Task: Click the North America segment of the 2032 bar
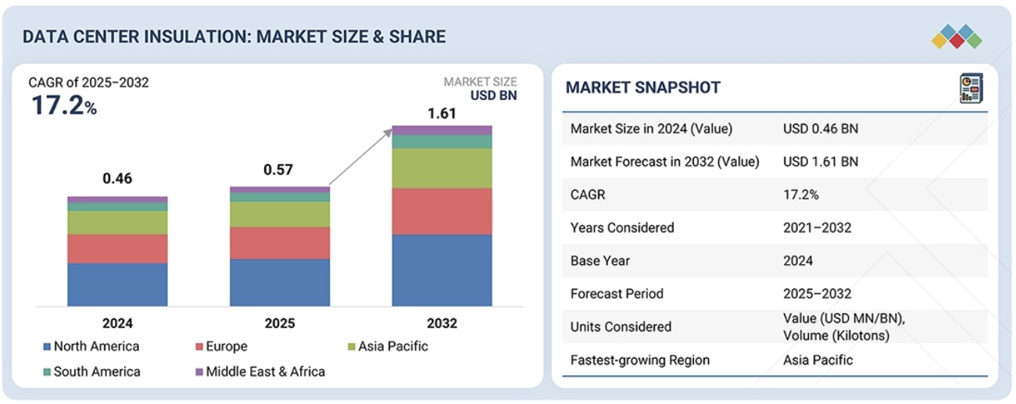click(x=442, y=270)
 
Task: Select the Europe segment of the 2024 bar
click(x=117, y=248)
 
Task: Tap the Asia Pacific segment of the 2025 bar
click(x=280, y=214)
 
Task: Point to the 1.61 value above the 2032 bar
click(x=442, y=114)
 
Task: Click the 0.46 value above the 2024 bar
click(x=117, y=179)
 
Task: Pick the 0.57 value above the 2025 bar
click(x=280, y=170)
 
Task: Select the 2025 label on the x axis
click(x=280, y=323)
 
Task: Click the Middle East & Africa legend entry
click(x=265, y=371)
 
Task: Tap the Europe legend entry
click(x=227, y=346)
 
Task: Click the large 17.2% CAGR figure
click(x=63, y=105)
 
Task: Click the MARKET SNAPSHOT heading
click(x=642, y=88)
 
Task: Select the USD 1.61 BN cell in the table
click(x=820, y=162)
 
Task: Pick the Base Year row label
click(x=599, y=260)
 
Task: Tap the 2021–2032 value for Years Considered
click(x=817, y=227)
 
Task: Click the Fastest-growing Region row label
click(x=640, y=360)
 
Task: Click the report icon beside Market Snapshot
click(x=971, y=88)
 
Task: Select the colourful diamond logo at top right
click(x=957, y=36)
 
